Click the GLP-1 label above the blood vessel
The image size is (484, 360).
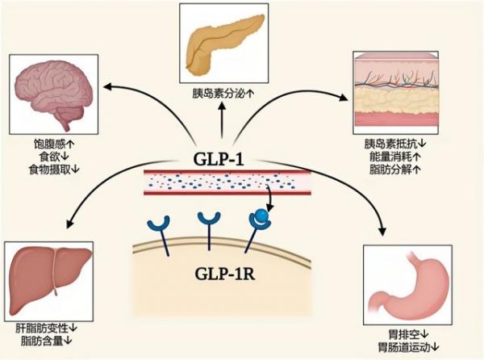click(x=219, y=159)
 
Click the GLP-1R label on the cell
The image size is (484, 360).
click(x=225, y=274)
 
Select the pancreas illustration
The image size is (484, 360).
click(x=225, y=44)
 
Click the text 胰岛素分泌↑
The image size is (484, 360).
click(x=223, y=94)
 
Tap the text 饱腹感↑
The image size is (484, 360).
click(x=54, y=144)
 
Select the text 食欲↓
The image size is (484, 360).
click(x=54, y=157)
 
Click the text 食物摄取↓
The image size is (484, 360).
click(x=54, y=170)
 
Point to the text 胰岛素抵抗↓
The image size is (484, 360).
click(x=395, y=144)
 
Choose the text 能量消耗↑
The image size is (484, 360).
click(x=395, y=157)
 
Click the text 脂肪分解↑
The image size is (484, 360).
click(x=395, y=170)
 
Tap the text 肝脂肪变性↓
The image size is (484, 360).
click(x=46, y=328)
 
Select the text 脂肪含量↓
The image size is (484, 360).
click(x=46, y=341)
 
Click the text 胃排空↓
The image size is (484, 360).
click(x=408, y=334)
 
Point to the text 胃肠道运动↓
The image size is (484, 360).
click(x=408, y=347)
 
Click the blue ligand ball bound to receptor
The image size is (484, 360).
click(x=262, y=215)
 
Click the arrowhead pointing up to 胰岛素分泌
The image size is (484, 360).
click(x=222, y=107)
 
